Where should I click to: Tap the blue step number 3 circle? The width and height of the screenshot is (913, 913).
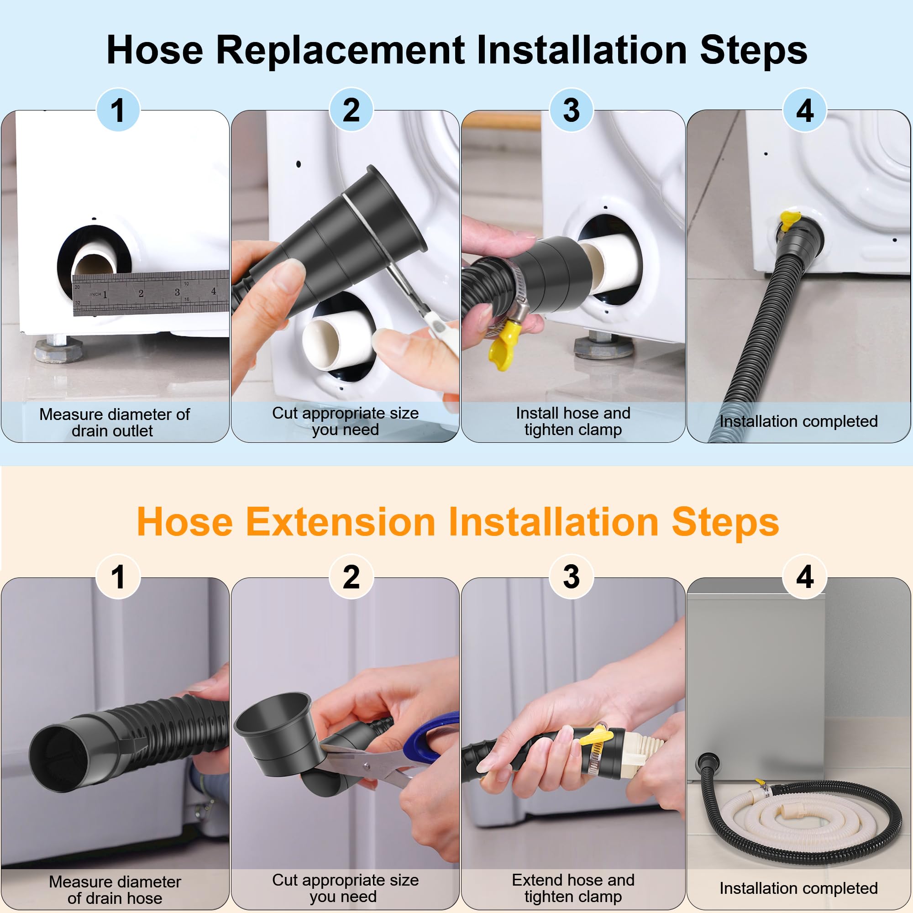(x=571, y=110)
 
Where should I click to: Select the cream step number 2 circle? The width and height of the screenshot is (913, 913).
(x=351, y=577)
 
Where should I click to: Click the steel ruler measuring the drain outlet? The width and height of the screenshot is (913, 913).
(x=151, y=293)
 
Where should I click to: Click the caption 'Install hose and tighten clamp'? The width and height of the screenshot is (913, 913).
(x=573, y=421)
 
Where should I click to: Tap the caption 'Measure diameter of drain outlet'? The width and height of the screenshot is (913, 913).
(x=115, y=422)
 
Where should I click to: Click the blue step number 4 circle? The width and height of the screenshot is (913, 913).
(x=804, y=110)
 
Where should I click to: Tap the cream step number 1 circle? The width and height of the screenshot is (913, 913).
(x=118, y=577)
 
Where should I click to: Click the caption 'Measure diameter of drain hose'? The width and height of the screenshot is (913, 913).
(x=115, y=889)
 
